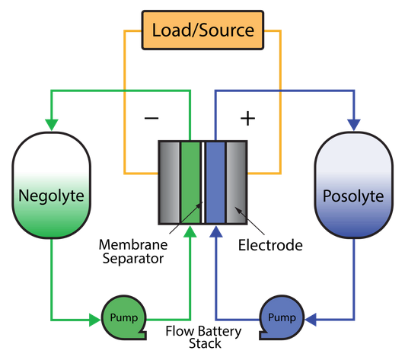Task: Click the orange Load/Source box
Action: tap(202, 30)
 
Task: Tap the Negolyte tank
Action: tap(52, 185)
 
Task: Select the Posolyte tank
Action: tap(353, 185)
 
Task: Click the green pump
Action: tap(124, 317)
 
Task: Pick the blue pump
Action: tap(282, 317)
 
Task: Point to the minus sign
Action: tap(151, 118)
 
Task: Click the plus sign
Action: tap(247, 119)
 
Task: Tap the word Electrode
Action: tap(270, 245)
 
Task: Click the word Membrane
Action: tap(133, 244)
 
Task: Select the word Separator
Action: tap(133, 259)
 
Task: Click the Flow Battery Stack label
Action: tap(203, 337)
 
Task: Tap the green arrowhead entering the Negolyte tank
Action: tap(52, 125)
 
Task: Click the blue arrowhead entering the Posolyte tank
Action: tap(353, 125)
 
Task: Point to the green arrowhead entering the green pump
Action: tap(94, 320)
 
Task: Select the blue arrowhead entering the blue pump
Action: tap(311, 320)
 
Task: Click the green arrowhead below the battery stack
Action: tap(190, 231)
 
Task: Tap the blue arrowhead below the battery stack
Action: tap(216, 231)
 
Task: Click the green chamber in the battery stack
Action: tap(190, 183)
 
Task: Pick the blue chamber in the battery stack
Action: tap(215, 183)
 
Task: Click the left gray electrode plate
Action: tap(169, 183)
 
